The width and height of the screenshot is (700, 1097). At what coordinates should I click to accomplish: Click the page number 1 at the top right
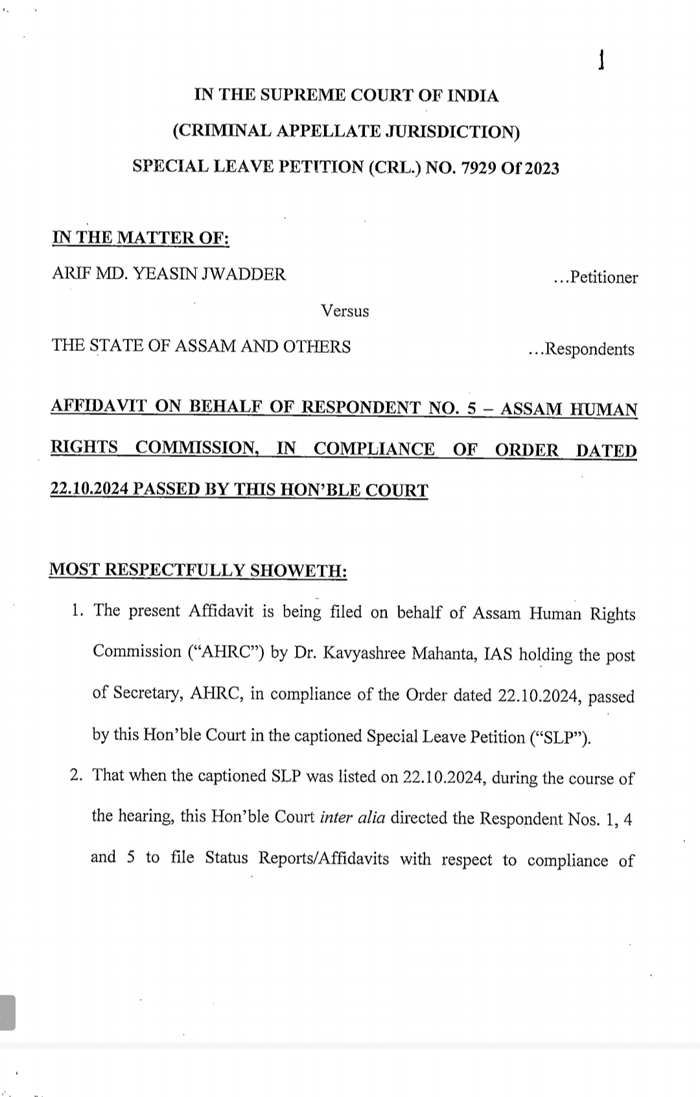pos(601,61)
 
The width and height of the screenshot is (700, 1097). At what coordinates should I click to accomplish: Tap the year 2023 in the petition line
pos(541,168)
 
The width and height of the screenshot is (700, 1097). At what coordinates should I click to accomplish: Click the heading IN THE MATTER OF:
pos(141,238)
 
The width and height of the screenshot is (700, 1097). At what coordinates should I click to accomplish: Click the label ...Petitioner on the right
pos(596,278)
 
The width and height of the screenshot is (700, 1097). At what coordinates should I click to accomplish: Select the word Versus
pos(345,311)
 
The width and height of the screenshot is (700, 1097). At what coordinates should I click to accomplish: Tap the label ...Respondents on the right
pos(581,350)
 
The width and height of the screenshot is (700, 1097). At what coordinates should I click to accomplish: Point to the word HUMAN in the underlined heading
pos(604,409)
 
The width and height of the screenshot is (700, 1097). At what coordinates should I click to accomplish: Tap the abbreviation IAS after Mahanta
pos(498,653)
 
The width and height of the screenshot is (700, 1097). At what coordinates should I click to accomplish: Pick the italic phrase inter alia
pos(353,817)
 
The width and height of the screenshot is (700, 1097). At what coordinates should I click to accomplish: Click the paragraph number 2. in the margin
pos(77,775)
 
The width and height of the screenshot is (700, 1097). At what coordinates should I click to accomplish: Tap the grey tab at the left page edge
pos(7,1012)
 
